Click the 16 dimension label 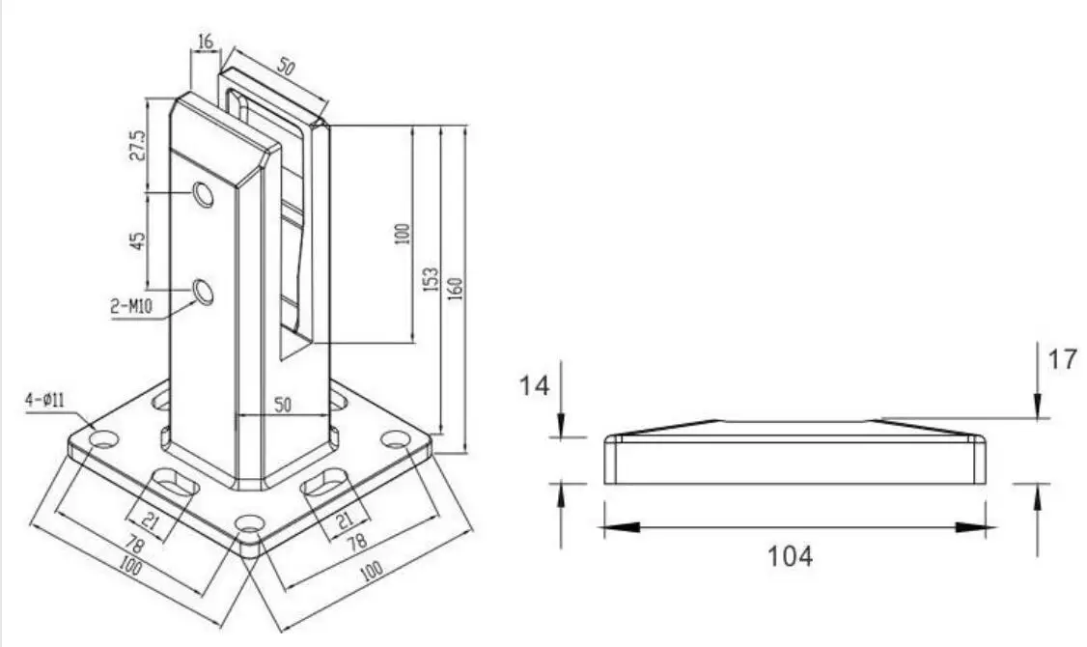click(x=206, y=42)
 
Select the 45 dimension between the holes click(x=138, y=240)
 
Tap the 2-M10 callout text click(x=131, y=306)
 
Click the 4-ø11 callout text click(x=45, y=400)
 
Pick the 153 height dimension click(x=431, y=279)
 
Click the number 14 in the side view click(x=535, y=385)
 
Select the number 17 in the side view click(x=1062, y=359)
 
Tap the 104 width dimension click(x=791, y=555)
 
